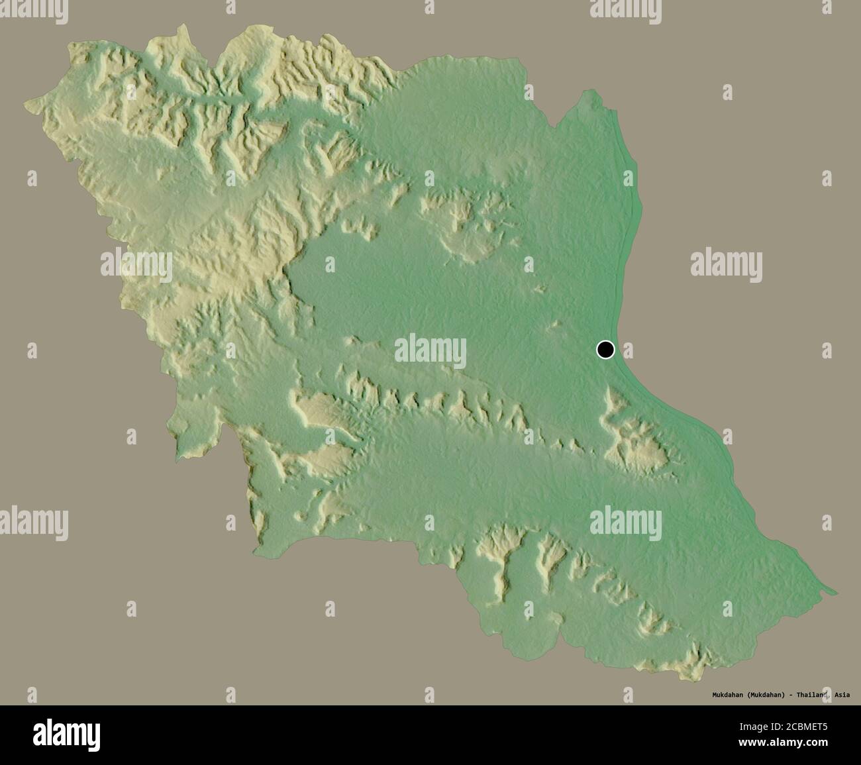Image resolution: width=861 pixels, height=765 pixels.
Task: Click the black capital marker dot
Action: [x=605, y=349]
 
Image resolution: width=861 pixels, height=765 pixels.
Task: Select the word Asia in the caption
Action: [x=842, y=695]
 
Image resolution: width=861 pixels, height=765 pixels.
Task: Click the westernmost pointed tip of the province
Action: [x=26, y=104]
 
